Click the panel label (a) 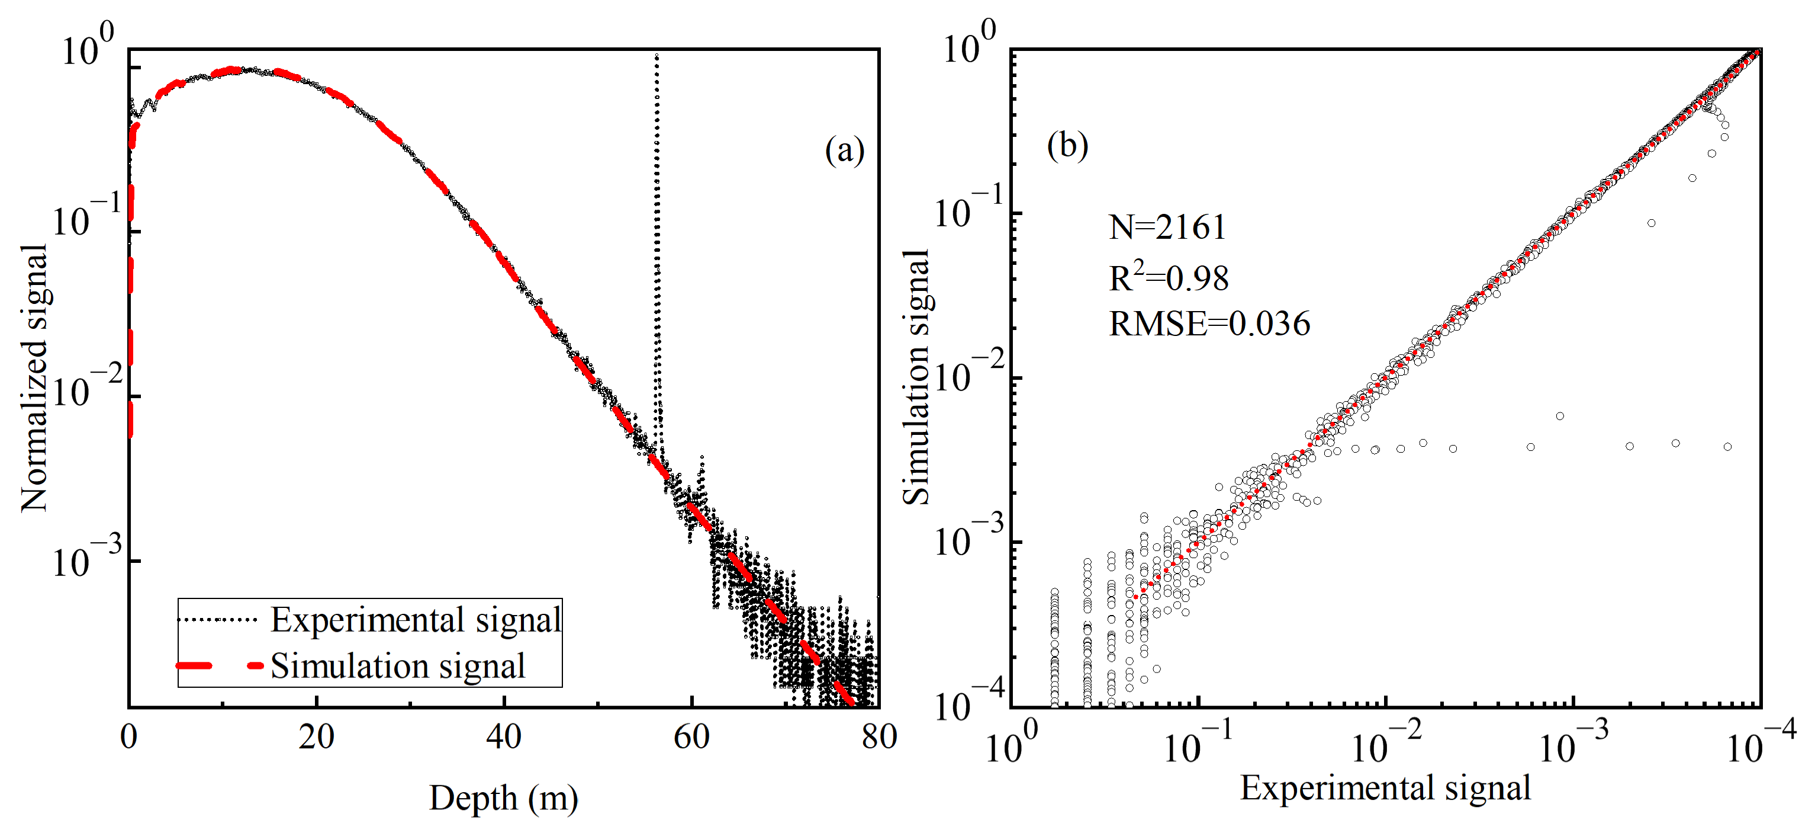pyautogui.click(x=844, y=150)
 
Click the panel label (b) pyautogui.click(x=1067, y=145)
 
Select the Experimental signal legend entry pyautogui.click(x=416, y=620)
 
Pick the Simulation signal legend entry pyautogui.click(x=397, y=666)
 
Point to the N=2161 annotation pyautogui.click(x=1167, y=227)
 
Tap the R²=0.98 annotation pyautogui.click(x=1168, y=277)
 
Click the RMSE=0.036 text pyautogui.click(x=1209, y=324)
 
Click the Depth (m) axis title pyautogui.click(x=503, y=799)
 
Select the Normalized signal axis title pyautogui.click(x=34, y=379)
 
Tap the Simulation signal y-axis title pyautogui.click(x=916, y=377)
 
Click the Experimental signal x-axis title pyautogui.click(x=1385, y=787)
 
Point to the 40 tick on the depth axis pyautogui.click(x=503, y=736)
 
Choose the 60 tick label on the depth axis pyautogui.click(x=691, y=736)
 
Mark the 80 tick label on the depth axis pyautogui.click(x=878, y=736)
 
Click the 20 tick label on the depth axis pyautogui.click(x=316, y=736)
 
